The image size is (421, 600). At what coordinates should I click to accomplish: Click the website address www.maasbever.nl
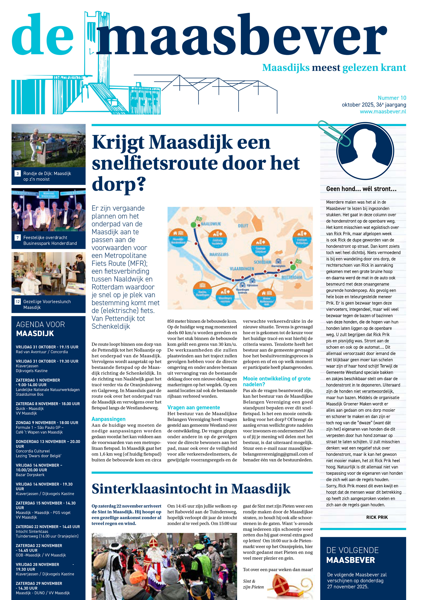(x=383, y=112)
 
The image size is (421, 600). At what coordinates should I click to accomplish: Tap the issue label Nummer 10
(x=392, y=98)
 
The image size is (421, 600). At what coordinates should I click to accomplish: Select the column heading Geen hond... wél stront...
(x=361, y=189)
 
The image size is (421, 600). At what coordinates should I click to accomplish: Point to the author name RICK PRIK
(x=377, y=517)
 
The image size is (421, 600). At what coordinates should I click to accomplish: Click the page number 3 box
(x=18, y=173)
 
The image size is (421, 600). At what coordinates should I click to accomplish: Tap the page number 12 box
(x=18, y=302)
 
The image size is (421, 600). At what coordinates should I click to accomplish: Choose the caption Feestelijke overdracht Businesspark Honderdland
(x=50, y=240)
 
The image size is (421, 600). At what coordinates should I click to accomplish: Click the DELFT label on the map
(x=243, y=226)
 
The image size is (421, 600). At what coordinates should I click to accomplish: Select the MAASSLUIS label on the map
(x=219, y=254)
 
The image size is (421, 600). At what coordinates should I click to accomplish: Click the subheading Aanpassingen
(x=108, y=419)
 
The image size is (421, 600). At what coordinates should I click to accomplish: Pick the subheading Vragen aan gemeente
(x=193, y=407)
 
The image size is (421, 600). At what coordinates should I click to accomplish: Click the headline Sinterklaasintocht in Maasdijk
(x=191, y=489)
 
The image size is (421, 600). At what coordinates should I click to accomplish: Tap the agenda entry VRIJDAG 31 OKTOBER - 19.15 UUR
(x=47, y=347)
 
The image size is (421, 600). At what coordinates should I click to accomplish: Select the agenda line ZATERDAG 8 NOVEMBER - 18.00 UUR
(x=48, y=404)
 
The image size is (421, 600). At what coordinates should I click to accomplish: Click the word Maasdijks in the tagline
(x=286, y=68)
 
